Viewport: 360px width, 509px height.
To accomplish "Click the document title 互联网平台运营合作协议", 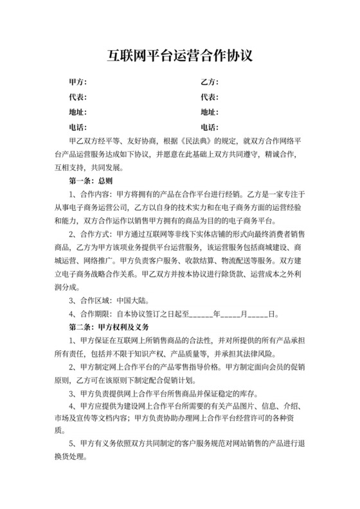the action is tap(179, 56).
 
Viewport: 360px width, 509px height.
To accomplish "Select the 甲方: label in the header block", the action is tap(77, 82).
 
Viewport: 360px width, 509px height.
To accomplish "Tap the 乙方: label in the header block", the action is tap(210, 82).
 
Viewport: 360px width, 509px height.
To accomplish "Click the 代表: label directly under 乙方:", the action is tap(210, 97).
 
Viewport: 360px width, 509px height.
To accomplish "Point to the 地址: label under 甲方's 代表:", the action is tap(77, 112).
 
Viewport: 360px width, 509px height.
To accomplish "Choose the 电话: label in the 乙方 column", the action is tap(210, 127).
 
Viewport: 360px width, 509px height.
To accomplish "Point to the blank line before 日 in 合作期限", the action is tap(258, 314).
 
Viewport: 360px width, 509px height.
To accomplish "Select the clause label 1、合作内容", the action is tap(90, 194).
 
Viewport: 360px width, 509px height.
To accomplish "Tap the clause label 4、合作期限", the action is tap(90, 314).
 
